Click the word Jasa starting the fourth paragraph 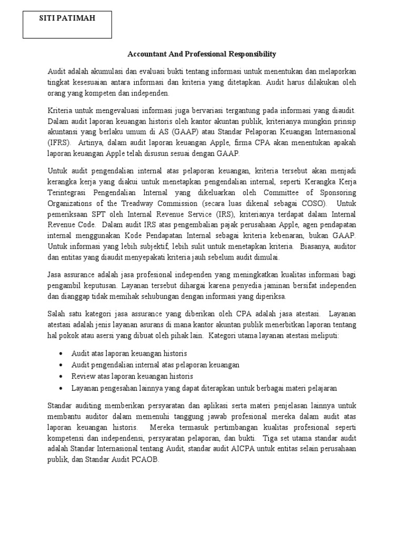click(56, 274)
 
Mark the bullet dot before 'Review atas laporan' click(63, 377)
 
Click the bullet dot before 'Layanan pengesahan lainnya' click(63, 388)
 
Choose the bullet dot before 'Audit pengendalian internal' click(63, 365)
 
